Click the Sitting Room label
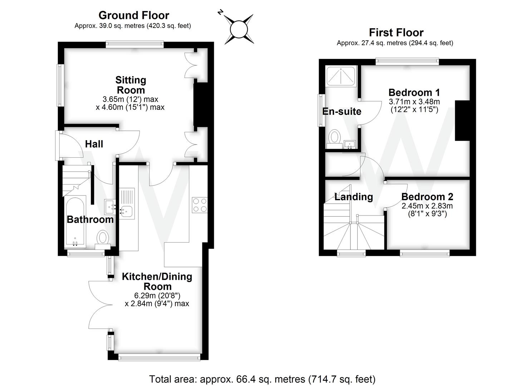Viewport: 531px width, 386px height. (x=131, y=85)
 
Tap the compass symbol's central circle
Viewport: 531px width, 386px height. (x=239, y=30)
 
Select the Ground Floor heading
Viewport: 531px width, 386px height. (x=134, y=15)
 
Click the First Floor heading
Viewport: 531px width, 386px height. (x=396, y=33)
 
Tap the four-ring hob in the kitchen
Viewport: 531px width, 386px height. (x=200, y=205)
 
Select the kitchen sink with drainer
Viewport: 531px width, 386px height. (x=127, y=203)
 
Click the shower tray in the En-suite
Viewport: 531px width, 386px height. (x=341, y=76)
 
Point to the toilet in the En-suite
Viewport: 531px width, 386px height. (x=335, y=139)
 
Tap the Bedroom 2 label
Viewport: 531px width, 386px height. (x=427, y=197)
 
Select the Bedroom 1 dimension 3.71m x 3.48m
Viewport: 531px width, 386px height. (x=414, y=102)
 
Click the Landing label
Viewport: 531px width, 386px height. (x=354, y=197)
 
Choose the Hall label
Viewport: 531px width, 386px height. (x=94, y=144)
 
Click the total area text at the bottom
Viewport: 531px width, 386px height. (x=262, y=379)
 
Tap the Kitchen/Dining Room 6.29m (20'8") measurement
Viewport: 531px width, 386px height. (x=157, y=296)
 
